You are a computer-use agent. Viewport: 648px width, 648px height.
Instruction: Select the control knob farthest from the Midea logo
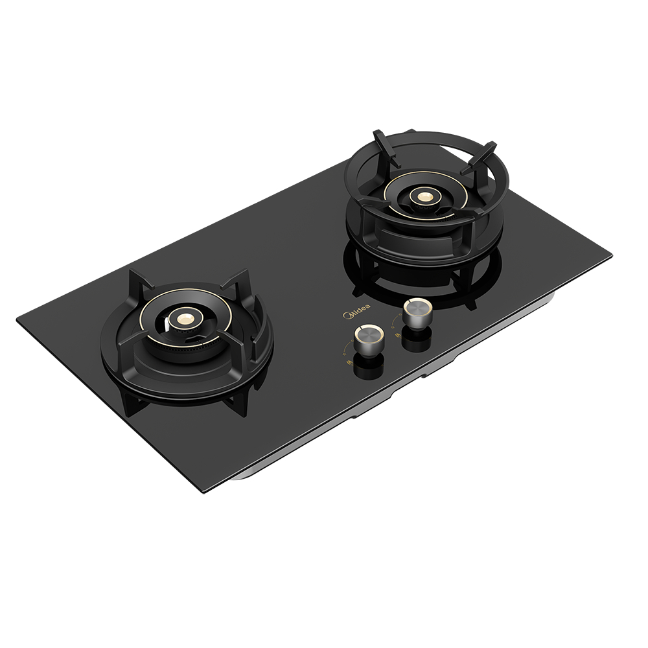(417, 312)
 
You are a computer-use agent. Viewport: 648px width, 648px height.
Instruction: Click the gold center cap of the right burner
(423, 194)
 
